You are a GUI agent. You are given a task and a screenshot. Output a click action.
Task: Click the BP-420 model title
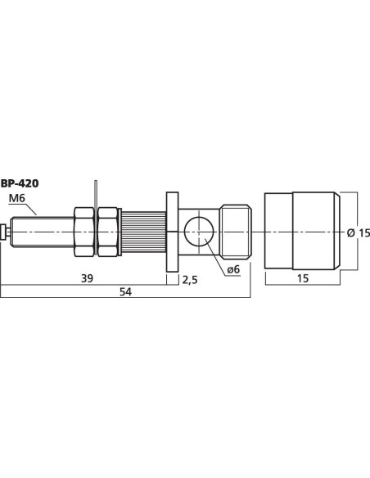[x=20, y=183]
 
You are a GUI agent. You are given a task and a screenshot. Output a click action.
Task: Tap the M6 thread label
[x=16, y=198]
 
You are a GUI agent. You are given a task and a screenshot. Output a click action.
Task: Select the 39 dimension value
[x=87, y=278]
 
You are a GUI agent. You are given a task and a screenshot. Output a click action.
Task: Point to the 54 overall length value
[x=125, y=291]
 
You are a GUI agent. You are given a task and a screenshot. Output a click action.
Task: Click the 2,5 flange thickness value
[x=190, y=279]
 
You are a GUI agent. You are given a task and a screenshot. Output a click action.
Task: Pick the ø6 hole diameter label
[x=233, y=269]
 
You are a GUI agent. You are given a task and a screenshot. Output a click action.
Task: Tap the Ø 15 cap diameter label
[x=359, y=233]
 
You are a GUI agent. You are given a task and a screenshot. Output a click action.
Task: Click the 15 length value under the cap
[x=303, y=278]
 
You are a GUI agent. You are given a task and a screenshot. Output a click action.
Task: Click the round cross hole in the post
[x=199, y=232]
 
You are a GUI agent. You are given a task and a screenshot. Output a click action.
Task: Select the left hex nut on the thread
[x=84, y=232]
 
